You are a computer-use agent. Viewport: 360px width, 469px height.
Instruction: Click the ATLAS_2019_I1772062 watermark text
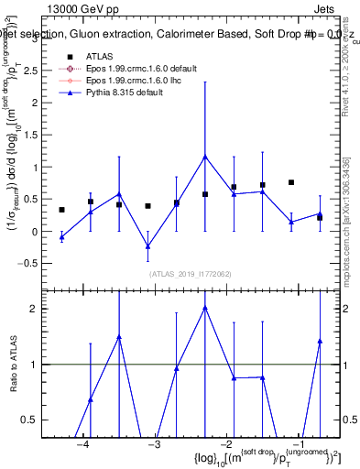coord(191,273)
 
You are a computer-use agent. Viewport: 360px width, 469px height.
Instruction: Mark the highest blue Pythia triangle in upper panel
coord(205,157)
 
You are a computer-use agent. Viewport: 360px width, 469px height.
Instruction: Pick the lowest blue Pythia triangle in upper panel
coord(147,245)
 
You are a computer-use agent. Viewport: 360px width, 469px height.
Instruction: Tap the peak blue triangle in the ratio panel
coord(205,308)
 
